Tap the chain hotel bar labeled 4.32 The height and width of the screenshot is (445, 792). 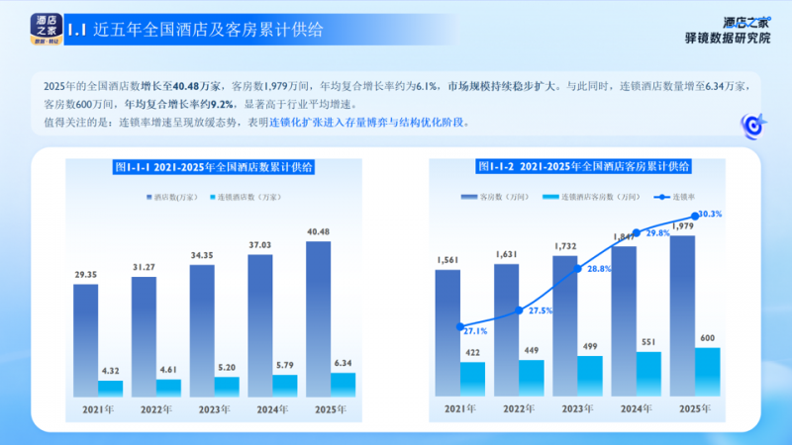click(x=110, y=387)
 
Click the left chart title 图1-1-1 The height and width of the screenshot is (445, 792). click(x=214, y=168)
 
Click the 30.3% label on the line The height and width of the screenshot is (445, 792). click(x=709, y=214)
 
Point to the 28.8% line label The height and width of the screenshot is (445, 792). click(x=597, y=268)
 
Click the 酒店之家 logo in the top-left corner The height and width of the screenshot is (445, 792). click(x=44, y=27)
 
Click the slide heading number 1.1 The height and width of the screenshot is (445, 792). click(x=78, y=30)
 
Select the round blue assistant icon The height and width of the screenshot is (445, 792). click(x=752, y=126)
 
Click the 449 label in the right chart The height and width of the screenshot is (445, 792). click(x=532, y=350)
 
